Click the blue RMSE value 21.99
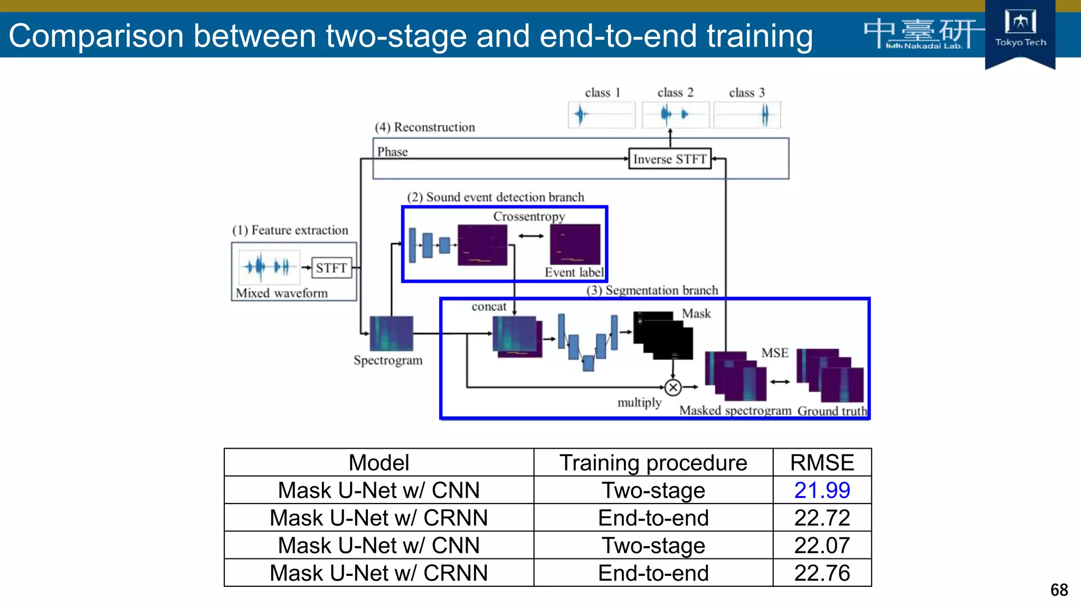point(822,490)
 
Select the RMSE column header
point(822,463)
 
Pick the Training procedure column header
point(653,463)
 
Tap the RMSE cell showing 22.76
point(822,573)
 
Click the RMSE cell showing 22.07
point(822,546)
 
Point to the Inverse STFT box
point(669,159)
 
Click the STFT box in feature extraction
point(331,268)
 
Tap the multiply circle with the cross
point(673,388)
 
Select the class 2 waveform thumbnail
point(675,115)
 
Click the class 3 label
point(746,93)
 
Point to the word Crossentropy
point(529,216)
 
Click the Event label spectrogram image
point(575,244)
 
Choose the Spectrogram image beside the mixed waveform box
point(391,334)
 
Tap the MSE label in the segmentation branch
point(774,353)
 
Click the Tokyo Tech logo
point(1020,29)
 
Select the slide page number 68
point(1059,590)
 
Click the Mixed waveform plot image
point(269,267)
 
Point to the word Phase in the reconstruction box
point(392,152)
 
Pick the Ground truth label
point(832,411)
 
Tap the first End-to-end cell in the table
point(653,518)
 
